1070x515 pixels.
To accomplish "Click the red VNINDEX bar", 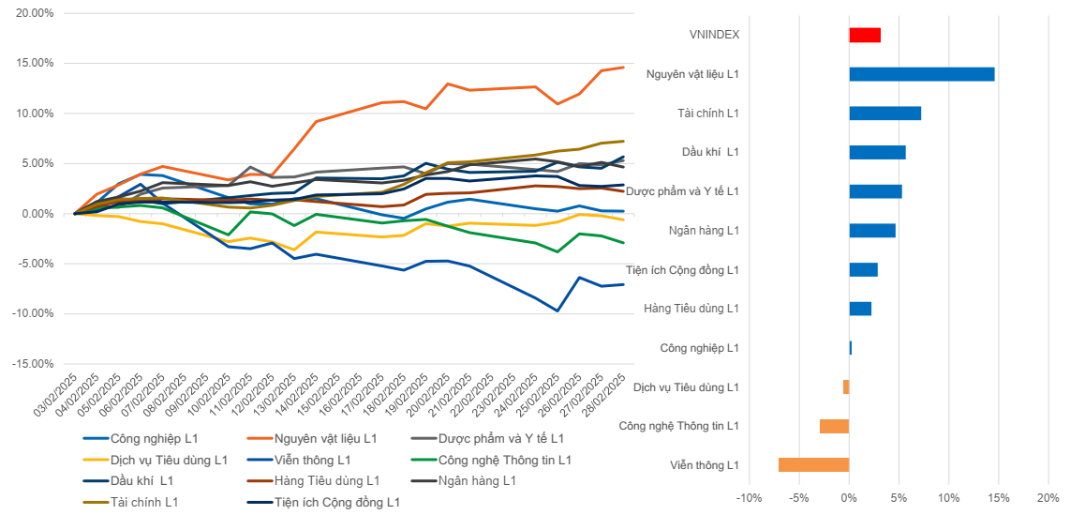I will click(864, 35).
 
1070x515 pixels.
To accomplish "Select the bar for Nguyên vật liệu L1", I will click(921, 74).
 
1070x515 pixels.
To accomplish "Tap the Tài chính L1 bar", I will click(884, 114).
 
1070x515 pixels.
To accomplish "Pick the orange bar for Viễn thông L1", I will click(813, 464).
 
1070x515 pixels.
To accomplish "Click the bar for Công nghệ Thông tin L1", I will click(834, 426).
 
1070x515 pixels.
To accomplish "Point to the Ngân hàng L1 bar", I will click(871, 231).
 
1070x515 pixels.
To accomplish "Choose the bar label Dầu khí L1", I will click(710, 152).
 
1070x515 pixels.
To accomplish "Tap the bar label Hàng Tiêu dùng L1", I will click(691, 309).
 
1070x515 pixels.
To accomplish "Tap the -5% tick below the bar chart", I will click(798, 498).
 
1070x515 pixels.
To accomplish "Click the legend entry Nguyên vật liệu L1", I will click(325, 438).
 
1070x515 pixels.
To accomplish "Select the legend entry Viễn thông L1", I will click(313, 460).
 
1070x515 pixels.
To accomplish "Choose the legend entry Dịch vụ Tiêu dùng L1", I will click(169, 460).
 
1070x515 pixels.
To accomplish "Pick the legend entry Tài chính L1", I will click(144, 502).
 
